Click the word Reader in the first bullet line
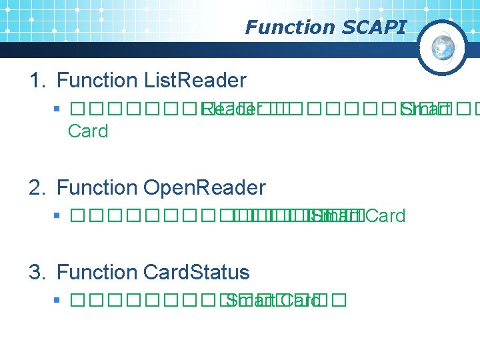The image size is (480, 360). coord(227,109)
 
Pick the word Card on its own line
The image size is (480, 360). coord(88,131)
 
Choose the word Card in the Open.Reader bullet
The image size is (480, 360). coord(385,216)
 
